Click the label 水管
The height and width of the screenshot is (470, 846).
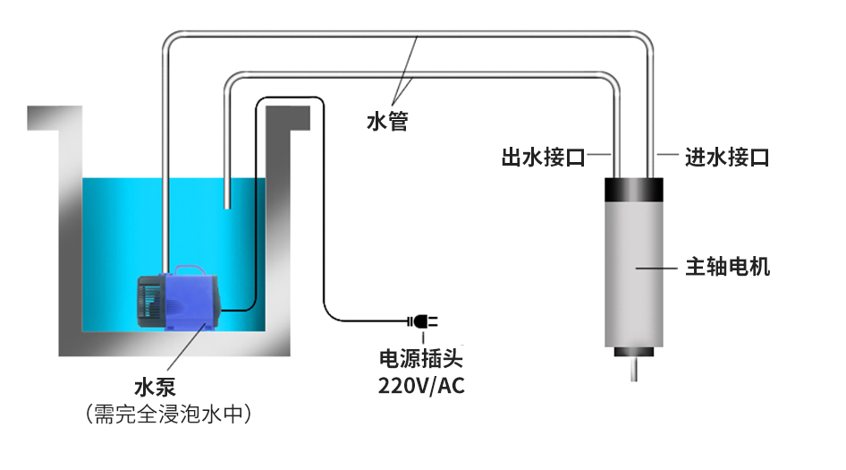coord(387,120)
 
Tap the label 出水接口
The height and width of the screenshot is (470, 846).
coord(543,158)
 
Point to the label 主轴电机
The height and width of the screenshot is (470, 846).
coord(727,267)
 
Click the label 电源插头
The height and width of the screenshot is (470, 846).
coord(421,360)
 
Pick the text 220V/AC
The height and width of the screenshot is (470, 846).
coord(421,387)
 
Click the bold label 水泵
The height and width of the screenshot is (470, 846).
coord(154,388)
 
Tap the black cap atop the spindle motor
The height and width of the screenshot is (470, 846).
coord(636,190)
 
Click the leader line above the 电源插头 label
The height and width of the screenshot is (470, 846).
coord(420,338)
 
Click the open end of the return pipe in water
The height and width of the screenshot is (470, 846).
coord(227,206)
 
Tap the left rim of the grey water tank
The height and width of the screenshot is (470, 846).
coord(45,116)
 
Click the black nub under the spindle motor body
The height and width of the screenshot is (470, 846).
coord(636,351)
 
